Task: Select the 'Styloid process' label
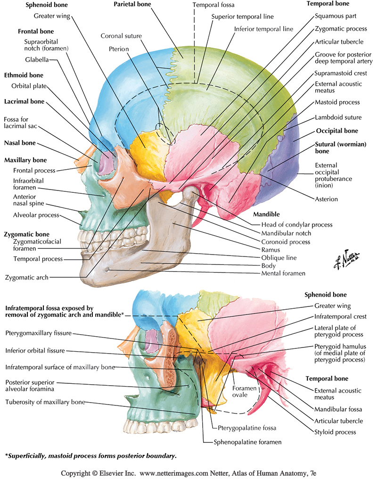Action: pos(336,432)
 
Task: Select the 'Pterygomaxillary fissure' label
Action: pos(38,333)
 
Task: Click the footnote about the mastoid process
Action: pos(90,456)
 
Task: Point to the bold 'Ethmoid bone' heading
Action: pos(24,75)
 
